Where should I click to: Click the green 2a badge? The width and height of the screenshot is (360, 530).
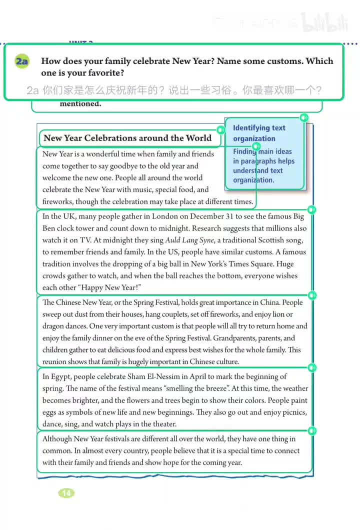[21, 61]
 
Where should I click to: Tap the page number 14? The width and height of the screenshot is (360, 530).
[66, 493]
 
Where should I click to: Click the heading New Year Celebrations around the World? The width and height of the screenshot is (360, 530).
[127, 138]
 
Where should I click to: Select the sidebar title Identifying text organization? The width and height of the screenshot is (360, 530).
[259, 133]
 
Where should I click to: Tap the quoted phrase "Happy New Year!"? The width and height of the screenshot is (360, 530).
[116, 287]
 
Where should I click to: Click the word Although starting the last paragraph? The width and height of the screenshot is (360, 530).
[57, 438]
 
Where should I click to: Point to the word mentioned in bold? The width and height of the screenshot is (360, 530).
[80, 104]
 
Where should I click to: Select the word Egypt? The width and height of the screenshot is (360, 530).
[60, 376]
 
